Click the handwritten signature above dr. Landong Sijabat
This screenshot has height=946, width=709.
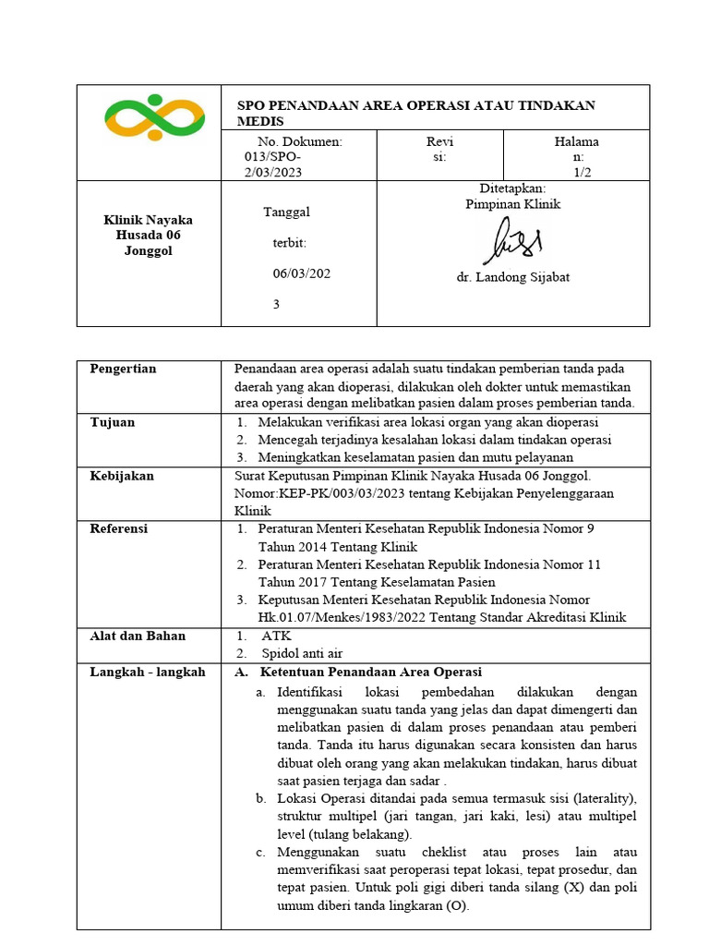pos(511,243)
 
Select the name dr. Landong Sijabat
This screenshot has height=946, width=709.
pos(512,277)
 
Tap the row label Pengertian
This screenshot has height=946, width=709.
pos(123,369)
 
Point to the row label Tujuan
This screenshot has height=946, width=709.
pos(112,422)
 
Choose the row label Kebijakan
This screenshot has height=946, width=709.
pos(122,476)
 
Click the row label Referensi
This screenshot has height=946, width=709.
pos(118,529)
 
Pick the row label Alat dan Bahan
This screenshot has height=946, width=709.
pos(138,636)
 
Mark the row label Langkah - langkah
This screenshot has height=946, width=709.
pos(148,672)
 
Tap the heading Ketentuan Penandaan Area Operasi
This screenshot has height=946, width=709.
pos(371,672)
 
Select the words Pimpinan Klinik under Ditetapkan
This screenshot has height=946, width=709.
pos(512,204)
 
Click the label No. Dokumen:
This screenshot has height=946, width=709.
pos(300,141)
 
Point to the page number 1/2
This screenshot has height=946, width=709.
pos(582,172)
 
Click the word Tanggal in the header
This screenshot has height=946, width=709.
pos(287,212)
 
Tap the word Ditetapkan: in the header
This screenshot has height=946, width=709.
pos(512,188)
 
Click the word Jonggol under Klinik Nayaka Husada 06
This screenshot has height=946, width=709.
pos(148,251)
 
